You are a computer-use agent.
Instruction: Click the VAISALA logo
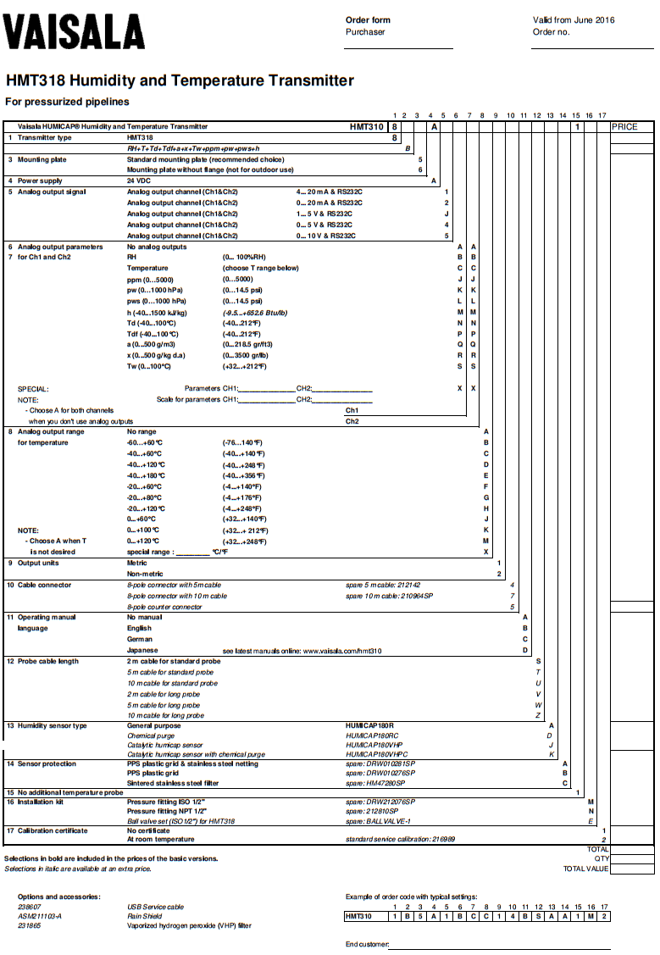click(61, 33)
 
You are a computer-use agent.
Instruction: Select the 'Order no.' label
click(551, 32)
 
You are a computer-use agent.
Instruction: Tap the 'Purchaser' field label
click(365, 32)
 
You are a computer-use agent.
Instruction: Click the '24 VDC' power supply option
click(139, 180)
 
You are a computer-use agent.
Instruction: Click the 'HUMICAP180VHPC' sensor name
click(377, 753)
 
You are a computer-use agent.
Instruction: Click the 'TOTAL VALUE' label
click(585, 869)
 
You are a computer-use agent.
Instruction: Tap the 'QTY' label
click(601, 858)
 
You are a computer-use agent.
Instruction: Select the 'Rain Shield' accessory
click(146, 916)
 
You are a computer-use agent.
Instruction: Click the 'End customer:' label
click(367, 944)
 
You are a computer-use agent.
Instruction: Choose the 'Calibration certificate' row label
click(53, 830)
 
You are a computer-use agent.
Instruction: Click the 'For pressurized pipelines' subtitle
click(67, 102)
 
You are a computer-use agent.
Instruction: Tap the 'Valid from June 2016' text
click(574, 20)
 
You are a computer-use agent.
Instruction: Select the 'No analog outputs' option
click(157, 247)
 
